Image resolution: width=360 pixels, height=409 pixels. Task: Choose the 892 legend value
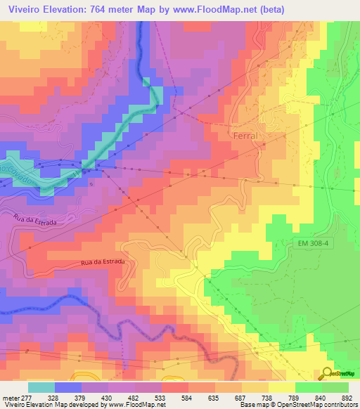coord(347,397)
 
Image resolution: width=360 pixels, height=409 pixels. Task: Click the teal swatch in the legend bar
coord(41,387)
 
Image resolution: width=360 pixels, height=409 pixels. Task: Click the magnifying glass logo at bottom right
coord(328,373)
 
